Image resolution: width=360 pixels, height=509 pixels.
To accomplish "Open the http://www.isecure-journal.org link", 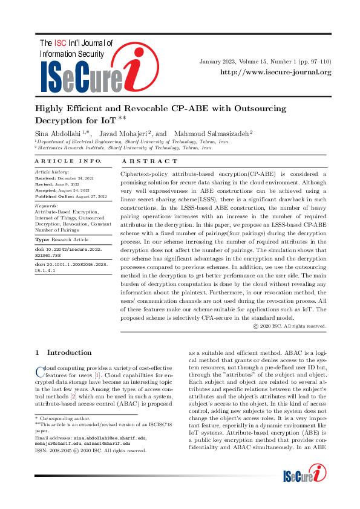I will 275,72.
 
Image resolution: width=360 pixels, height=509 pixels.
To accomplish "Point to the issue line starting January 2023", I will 266,62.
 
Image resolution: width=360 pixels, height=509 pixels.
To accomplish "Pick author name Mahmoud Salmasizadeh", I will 211,132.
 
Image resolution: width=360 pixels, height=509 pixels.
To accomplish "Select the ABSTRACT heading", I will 150,161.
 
